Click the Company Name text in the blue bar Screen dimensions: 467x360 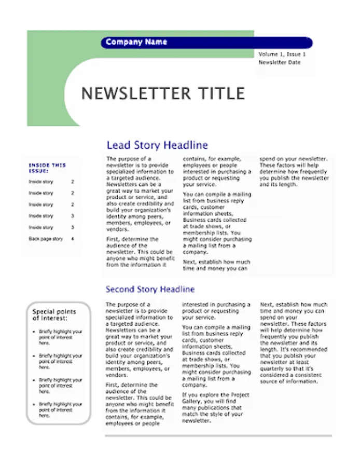point(136,42)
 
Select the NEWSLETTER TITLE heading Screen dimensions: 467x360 point(163,93)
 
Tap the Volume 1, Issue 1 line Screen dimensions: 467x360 point(282,54)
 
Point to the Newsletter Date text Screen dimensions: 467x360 point(280,62)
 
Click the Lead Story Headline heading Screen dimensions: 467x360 point(157,145)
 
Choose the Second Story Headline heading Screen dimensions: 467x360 point(150,289)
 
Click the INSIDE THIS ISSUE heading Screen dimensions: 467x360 point(47,168)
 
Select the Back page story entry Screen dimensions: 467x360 point(46,239)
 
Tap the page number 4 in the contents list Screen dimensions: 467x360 point(73,239)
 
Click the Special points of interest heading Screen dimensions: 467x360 point(54,314)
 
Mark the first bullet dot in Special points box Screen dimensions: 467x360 point(34,332)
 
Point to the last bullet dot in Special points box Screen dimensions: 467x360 point(34,404)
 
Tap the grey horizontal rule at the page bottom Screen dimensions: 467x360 point(218,436)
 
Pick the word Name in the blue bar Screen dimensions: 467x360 point(156,42)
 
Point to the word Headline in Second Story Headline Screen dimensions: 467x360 point(177,289)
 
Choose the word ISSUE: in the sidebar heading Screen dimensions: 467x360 point(39,171)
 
